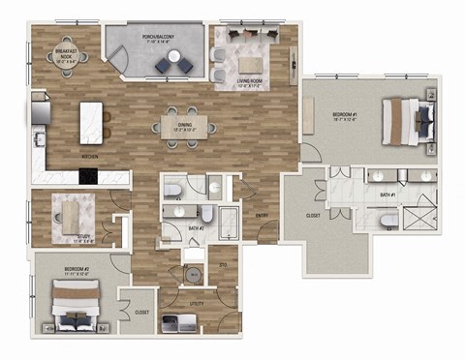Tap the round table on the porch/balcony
pos(175,57)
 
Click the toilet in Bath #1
pos(387,222)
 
